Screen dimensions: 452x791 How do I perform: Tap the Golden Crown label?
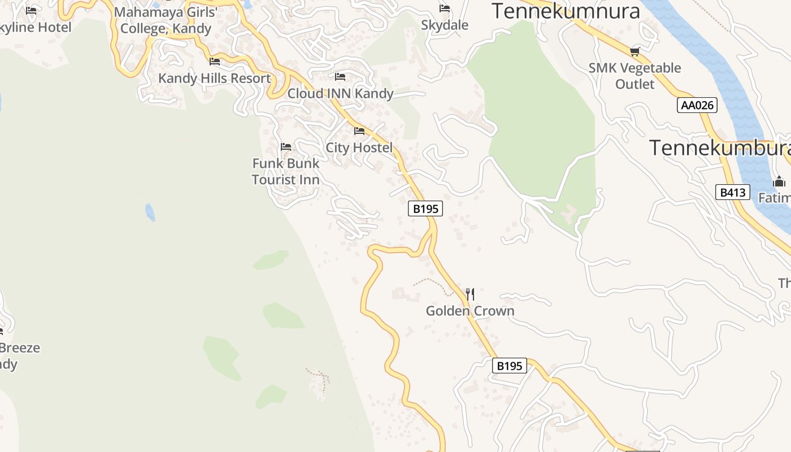coord(470,311)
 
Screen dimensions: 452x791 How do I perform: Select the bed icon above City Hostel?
coord(359,132)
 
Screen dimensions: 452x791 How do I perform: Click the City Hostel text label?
coord(359,148)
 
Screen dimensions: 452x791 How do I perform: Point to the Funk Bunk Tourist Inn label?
coord(286,172)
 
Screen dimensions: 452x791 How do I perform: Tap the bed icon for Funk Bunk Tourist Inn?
coord(286,147)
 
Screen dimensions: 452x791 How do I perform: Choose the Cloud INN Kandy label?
coord(341,94)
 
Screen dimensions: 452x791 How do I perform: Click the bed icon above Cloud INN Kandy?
coord(340,76)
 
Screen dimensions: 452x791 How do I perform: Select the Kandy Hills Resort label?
coord(215,79)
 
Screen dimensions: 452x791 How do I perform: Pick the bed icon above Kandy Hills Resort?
coord(215,61)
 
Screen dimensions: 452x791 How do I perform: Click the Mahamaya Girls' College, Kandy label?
coord(166,20)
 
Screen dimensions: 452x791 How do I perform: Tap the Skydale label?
coord(445,25)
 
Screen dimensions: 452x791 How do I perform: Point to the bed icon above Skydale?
coord(445,8)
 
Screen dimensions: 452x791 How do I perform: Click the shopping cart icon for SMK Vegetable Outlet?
coord(635,52)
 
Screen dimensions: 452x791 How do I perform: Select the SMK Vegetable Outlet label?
coord(635,76)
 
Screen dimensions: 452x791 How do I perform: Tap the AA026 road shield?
coord(697,105)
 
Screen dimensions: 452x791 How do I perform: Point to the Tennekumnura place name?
coord(566,11)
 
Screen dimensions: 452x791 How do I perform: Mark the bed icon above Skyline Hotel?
coord(31,10)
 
